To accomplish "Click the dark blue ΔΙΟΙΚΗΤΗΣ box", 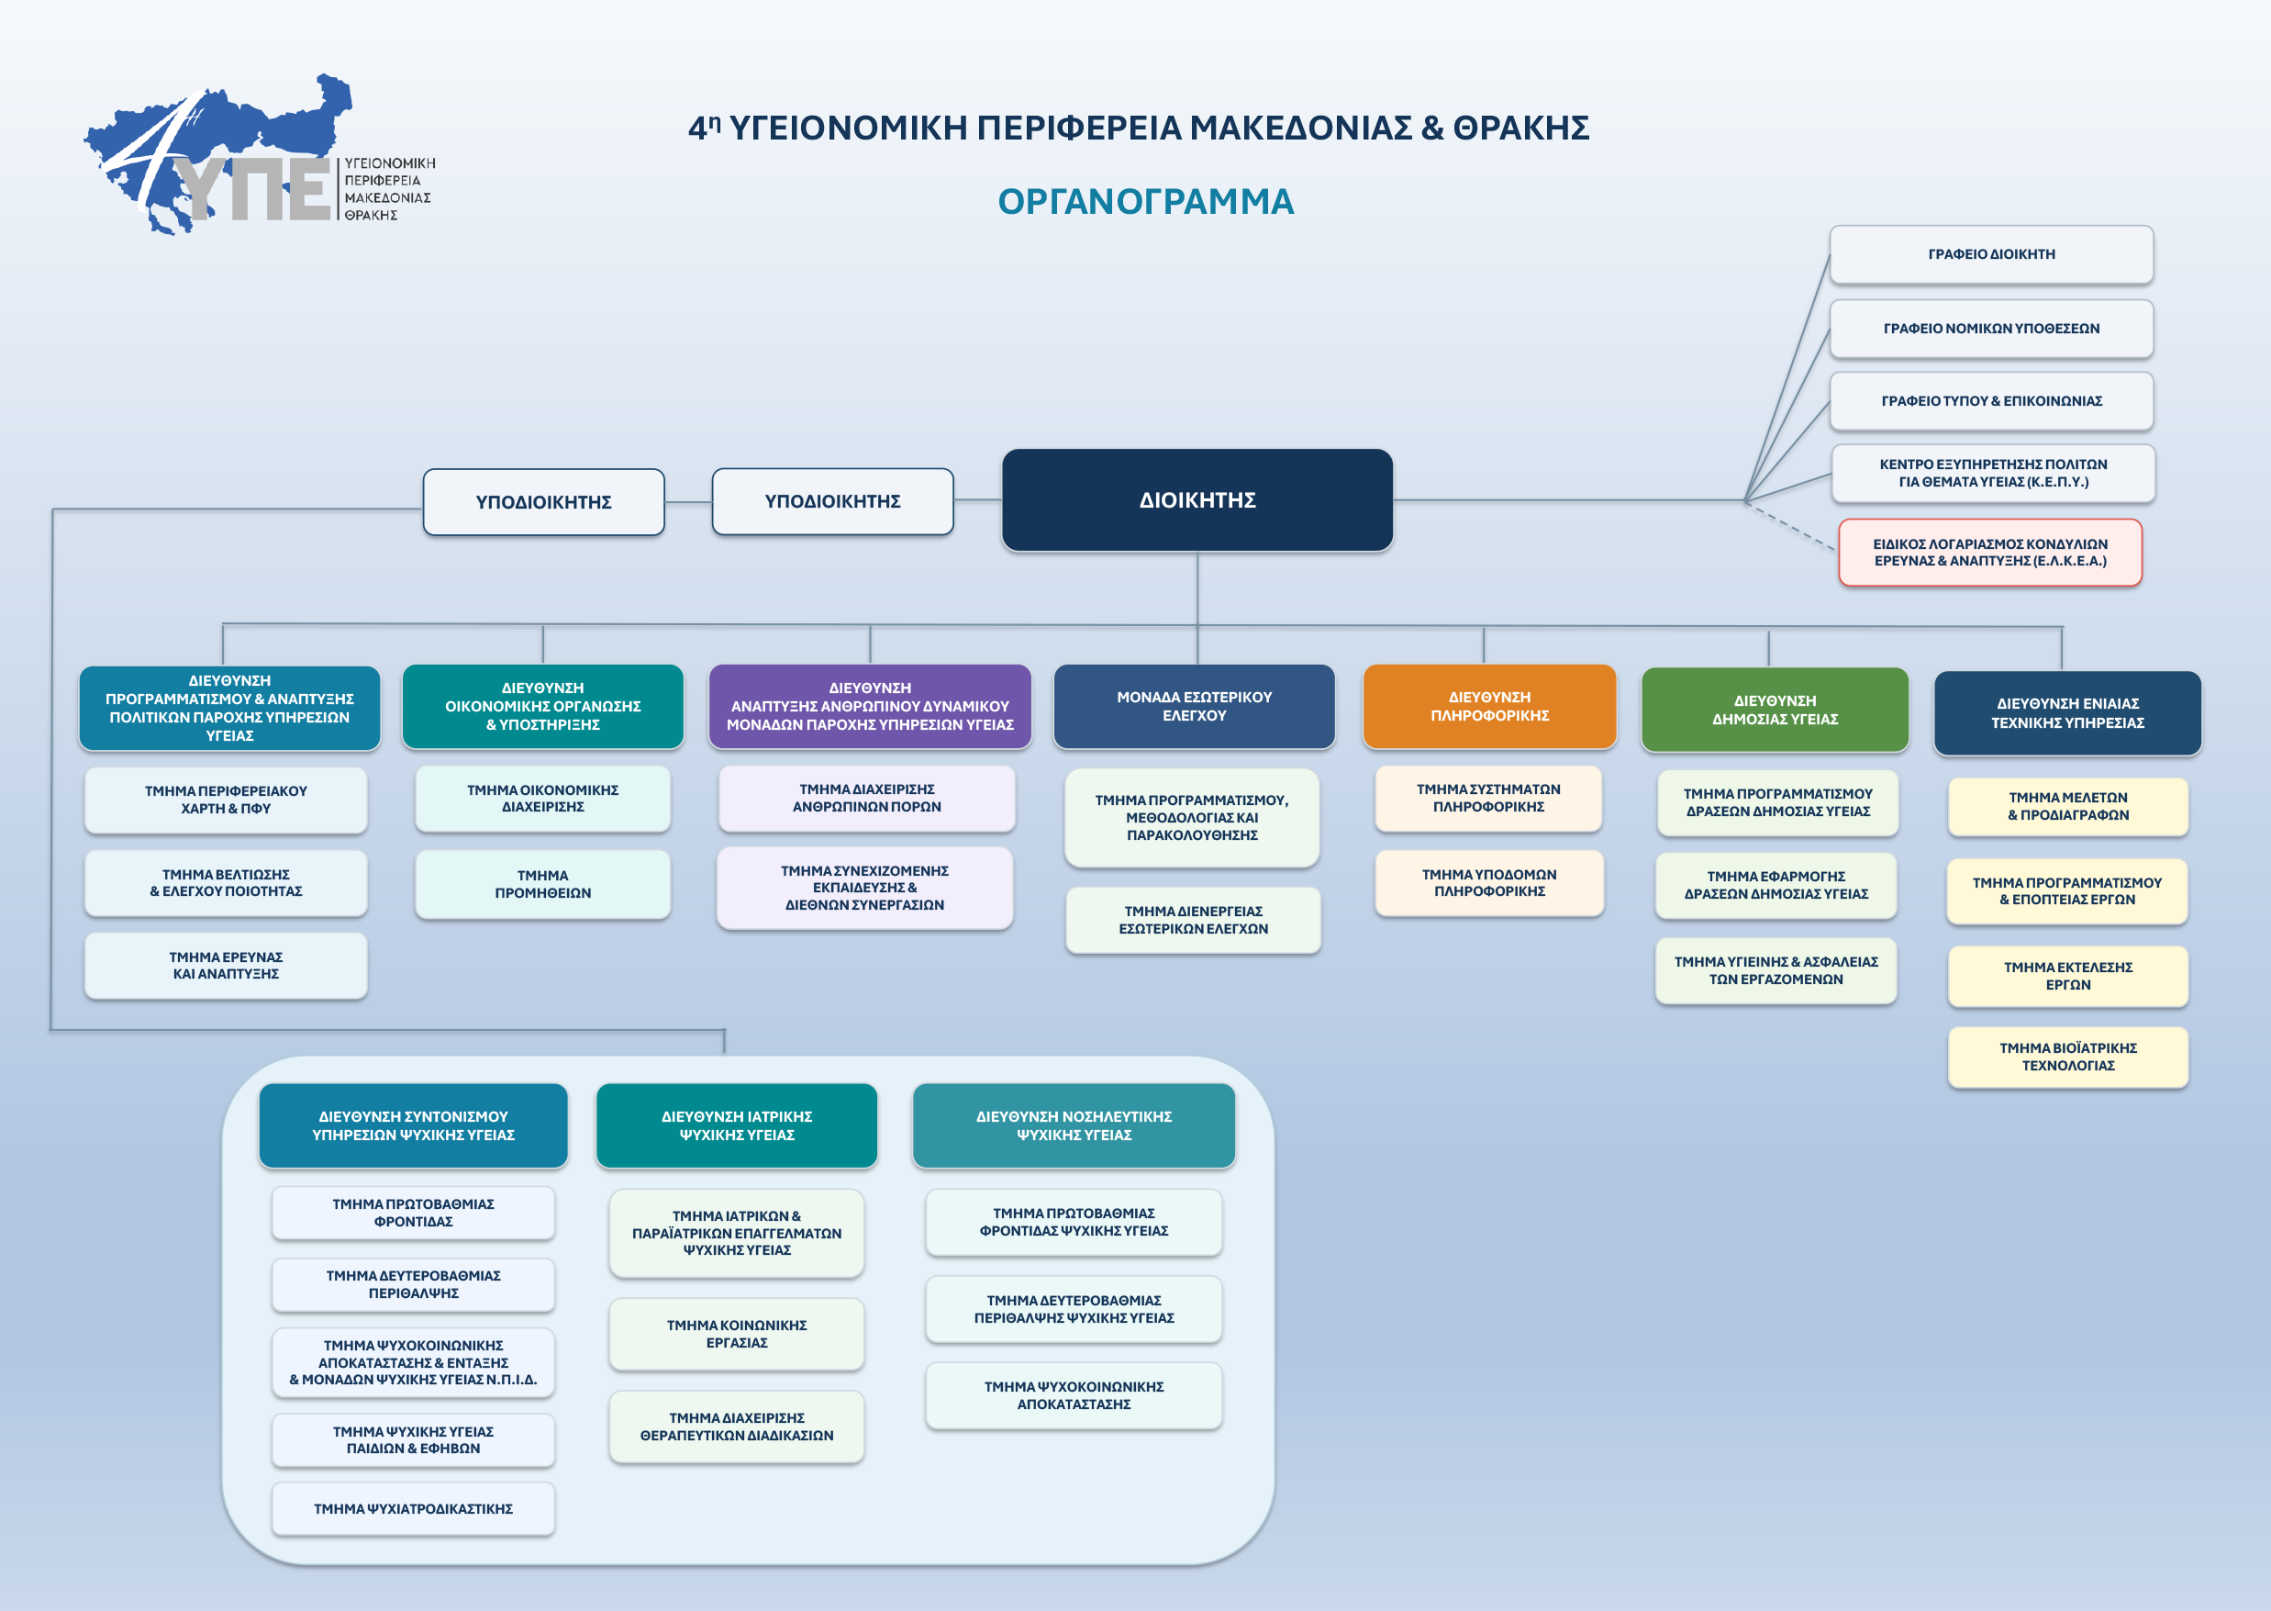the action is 1197,500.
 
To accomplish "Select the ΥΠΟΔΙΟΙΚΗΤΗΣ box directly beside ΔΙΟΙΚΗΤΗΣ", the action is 832,501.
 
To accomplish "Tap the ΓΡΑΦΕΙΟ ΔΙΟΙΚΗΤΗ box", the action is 1991,254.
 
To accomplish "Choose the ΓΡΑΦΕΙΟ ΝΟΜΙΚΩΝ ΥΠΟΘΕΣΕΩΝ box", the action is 1991,329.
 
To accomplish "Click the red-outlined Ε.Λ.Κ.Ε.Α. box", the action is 1990,553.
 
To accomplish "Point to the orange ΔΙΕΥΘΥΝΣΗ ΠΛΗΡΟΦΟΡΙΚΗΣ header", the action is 1489,706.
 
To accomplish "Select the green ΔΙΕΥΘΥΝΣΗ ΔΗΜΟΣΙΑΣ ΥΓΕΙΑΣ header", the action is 1776,710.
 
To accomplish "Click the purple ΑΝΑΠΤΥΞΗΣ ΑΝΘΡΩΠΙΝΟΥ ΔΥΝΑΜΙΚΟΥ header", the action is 870,706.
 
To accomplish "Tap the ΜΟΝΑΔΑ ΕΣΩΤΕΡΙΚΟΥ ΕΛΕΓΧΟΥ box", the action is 1194,706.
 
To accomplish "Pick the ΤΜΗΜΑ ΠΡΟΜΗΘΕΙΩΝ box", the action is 542,884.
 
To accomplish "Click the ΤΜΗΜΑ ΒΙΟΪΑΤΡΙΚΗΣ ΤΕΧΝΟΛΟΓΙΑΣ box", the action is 2067,1057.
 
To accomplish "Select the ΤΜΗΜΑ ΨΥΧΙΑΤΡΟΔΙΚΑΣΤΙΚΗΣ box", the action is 414,1509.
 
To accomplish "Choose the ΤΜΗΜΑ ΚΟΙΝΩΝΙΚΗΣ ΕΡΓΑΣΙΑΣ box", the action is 737,1334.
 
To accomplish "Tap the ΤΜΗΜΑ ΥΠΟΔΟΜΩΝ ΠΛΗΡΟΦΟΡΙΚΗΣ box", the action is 1488,883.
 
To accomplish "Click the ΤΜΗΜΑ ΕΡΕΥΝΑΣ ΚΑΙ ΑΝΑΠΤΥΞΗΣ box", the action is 226,965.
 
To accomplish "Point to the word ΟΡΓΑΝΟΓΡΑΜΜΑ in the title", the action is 1145,201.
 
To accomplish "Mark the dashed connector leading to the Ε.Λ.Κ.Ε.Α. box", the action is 1790,525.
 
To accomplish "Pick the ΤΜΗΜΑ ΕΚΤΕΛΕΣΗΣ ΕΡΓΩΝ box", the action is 2067,976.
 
